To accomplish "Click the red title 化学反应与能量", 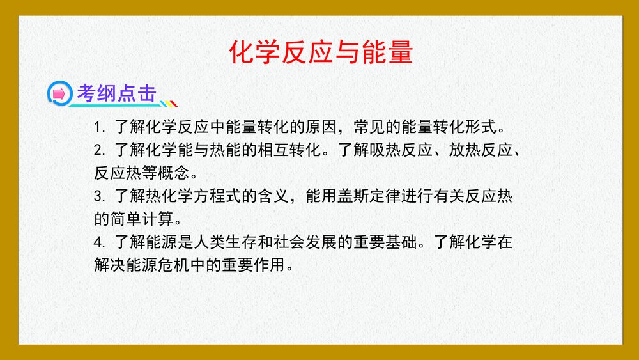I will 321,52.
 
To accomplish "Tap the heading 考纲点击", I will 116,94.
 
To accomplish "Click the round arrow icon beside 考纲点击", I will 59,95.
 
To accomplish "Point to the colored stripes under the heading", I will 167,104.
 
